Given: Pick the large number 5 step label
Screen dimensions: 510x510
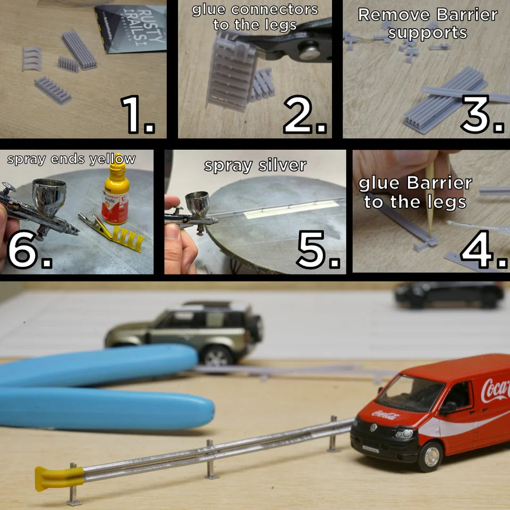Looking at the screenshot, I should point(318,250).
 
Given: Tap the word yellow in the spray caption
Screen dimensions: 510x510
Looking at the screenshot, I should point(112,159).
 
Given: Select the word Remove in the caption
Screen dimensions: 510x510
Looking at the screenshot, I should point(386,14).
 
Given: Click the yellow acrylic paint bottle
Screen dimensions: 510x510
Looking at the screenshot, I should point(115,197).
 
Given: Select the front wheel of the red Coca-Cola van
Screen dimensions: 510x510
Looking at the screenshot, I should point(430,456).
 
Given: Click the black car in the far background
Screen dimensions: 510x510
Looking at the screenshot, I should point(449,294).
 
